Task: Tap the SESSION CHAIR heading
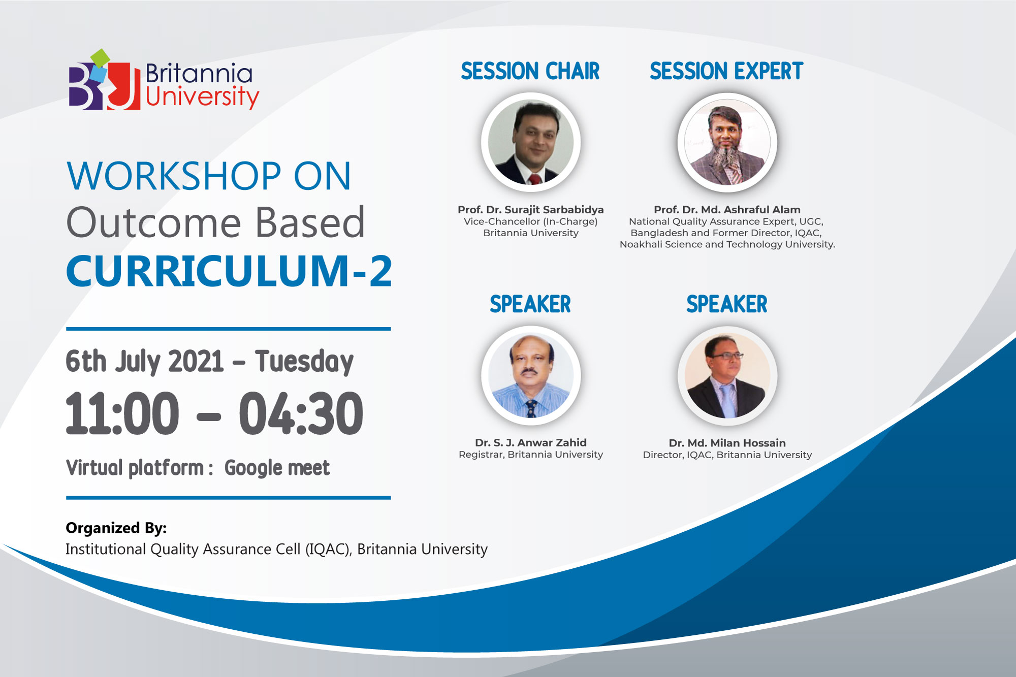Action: tap(530, 71)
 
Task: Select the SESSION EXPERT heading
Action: tap(726, 71)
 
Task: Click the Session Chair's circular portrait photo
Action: tap(531, 142)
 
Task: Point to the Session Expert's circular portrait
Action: tap(727, 142)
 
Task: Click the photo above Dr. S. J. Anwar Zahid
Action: tap(531, 375)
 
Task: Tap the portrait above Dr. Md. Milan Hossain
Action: tap(727, 375)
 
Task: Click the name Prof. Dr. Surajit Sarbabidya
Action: tap(531, 210)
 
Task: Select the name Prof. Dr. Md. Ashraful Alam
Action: tap(727, 210)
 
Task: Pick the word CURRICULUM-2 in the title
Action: tap(229, 271)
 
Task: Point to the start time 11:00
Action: tap(122, 413)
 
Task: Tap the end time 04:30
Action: tap(301, 413)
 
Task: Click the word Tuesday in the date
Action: tap(304, 362)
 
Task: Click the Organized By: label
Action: tap(116, 528)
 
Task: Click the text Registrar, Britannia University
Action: tap(531, 455)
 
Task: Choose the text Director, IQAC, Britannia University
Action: tap(727, 455)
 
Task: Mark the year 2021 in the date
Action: tap(196, 362)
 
